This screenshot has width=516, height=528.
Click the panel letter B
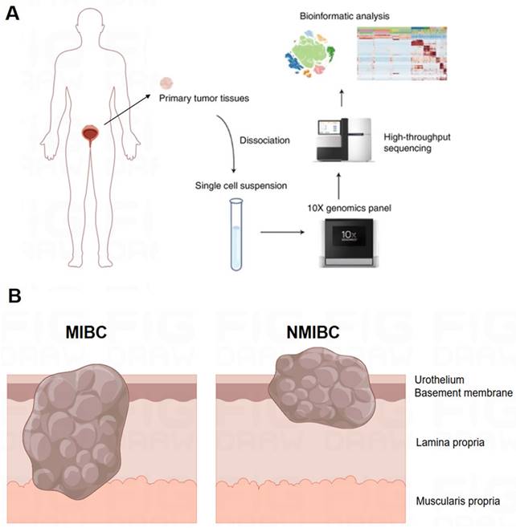point(14,296)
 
